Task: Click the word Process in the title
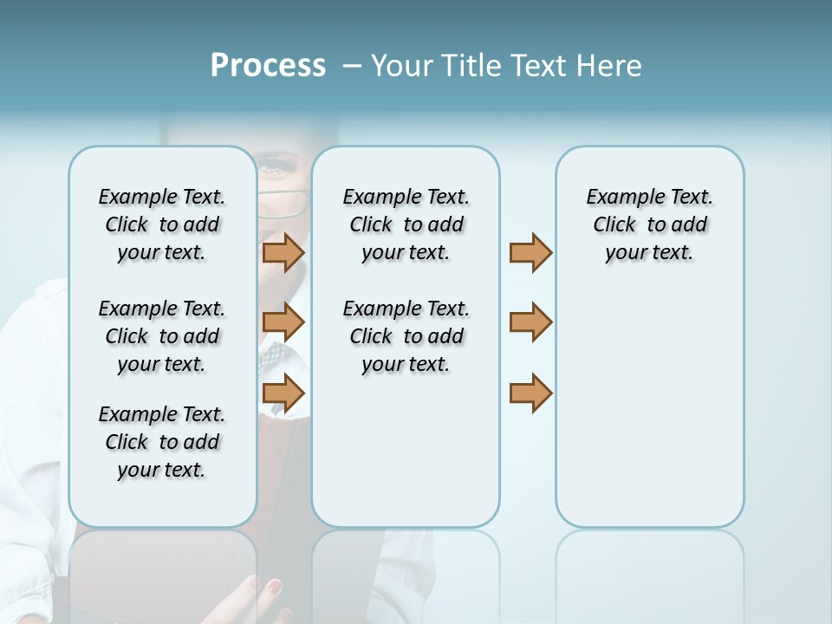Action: (268, 66)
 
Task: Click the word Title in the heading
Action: (472, 66)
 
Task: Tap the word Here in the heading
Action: (610, 66)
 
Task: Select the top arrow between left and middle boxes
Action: (283, 253)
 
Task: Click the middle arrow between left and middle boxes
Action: (283, 322)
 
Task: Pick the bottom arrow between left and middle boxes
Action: (283, 393)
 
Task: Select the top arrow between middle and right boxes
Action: (530, 253)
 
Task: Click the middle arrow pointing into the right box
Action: (530, 322)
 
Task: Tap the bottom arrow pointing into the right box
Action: (530, 393)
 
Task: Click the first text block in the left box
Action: (162, 224)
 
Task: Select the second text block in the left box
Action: (162, 336)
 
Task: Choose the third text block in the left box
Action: (162, 442)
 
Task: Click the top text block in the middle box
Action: (406, 224)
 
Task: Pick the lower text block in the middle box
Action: (406, 336)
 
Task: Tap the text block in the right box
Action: (649, 224)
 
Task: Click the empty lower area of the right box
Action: (649, 416)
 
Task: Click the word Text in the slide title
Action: (541, 66)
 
